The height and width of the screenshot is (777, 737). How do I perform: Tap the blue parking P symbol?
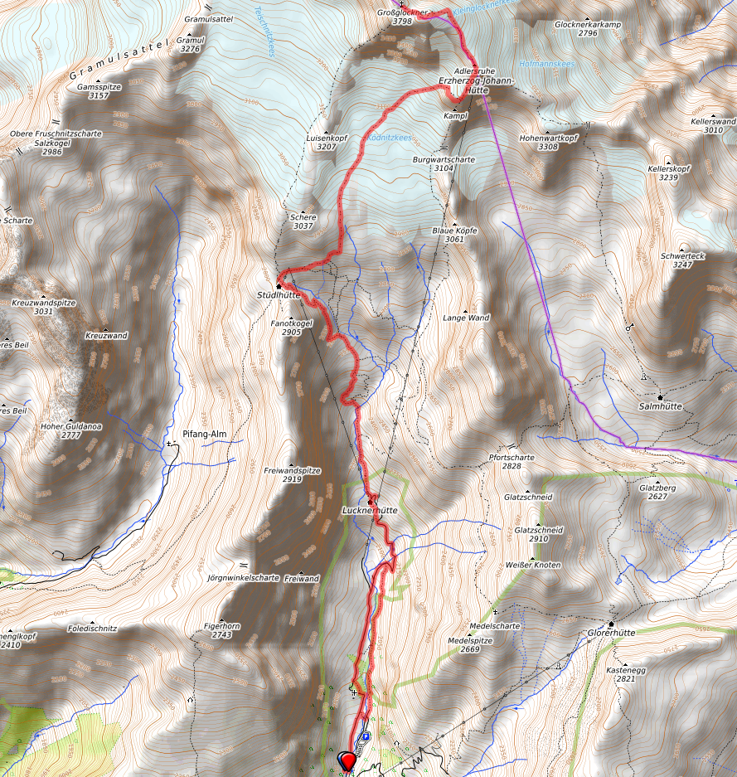pyautogui.click(x=365, y=736)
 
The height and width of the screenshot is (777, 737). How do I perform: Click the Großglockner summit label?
pyautogui.click(x=402, y=13)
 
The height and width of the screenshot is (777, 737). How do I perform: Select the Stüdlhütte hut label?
pyautogui.click(x=279, y=294)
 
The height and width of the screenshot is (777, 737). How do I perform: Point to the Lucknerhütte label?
pyautogui.click(x=370, y=511)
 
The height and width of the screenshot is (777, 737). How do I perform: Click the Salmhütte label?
pyautogui.click(x=661, y=406)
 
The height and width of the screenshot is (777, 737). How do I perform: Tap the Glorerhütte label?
pyautogui.click(x=610, y=632)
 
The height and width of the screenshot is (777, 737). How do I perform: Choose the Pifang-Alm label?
pyautogui.click(x=204, y=435)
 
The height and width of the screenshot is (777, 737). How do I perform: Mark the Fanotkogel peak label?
pyautogui.click(x=290, y=323)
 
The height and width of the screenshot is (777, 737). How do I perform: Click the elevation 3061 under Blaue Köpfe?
pyautogui.click(x=453, y=239)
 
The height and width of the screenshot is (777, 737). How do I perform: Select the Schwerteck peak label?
pyautogui.click(x=682, y=256)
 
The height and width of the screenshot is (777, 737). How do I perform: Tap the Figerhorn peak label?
pyautogui.click(x=221, y=625)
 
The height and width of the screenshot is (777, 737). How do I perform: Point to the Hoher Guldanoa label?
pyautogui.click(x=70, y=425)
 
